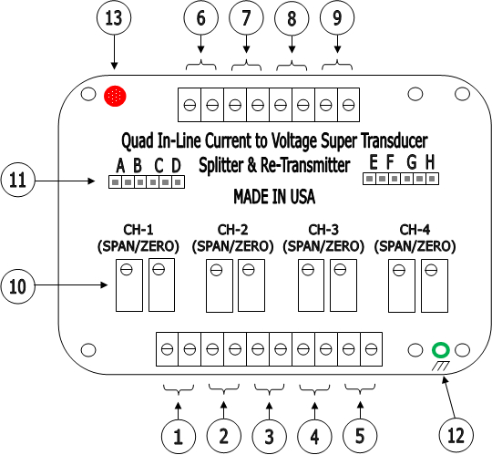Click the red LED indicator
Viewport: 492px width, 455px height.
point(115,96)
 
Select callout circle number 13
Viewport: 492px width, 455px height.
point(114,17)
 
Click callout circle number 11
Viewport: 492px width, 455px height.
point(18,180)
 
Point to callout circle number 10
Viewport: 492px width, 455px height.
point(18,286)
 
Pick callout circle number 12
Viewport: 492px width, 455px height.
point(456,436)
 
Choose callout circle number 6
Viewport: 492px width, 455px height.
point(200,17)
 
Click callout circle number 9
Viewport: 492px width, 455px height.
point(337,17)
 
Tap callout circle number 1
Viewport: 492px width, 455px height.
point(179,437)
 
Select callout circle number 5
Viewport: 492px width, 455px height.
point(360,436)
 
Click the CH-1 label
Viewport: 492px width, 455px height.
point(138,230)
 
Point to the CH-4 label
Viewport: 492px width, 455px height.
point(415,230)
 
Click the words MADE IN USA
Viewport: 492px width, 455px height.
point(274,197)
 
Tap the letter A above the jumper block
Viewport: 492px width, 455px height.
point(120,165)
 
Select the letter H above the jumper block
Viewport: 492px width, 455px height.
point(430,162)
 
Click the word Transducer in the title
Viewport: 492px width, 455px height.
point(395,140)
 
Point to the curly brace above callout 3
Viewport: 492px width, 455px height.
point(269,389)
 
